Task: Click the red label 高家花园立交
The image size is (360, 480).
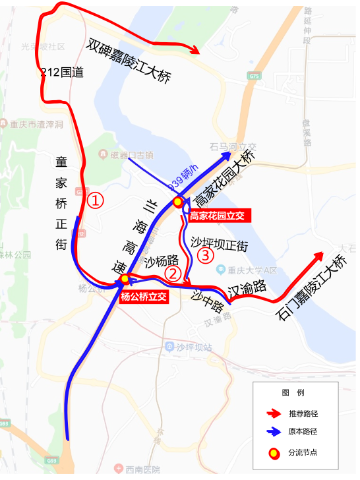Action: coord(217,216)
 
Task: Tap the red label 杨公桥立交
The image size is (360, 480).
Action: coord(144,297)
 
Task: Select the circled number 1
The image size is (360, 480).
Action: coord(96,200)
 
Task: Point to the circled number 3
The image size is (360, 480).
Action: coord(206,255)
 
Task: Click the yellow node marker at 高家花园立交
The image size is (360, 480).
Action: coord(177,202)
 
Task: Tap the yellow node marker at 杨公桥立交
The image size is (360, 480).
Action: coord(125,280)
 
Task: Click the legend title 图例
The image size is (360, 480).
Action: coord(293,393)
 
